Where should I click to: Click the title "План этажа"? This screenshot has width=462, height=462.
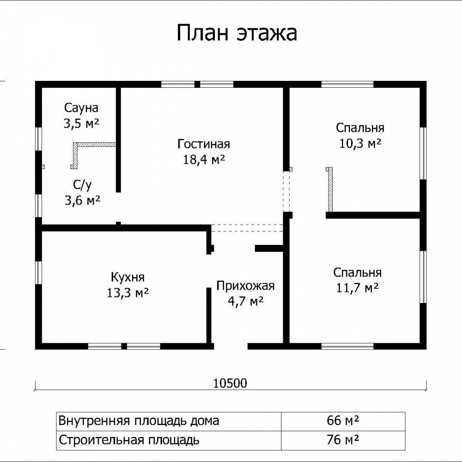[x=237, y=33]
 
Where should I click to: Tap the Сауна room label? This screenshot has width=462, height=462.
[x=81, y=108]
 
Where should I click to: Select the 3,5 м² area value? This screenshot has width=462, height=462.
[x=81, y=123]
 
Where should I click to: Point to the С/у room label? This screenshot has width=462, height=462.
[x=82, y=185]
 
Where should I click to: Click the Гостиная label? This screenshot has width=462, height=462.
[x=204, y=144]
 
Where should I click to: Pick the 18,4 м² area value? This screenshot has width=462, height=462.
[x=204, y=159]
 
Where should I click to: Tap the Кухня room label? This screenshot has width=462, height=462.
[x=128, y=277]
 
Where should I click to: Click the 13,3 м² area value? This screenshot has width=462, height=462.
[x=128, y=293]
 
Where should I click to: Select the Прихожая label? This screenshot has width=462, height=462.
[x=245, y=286]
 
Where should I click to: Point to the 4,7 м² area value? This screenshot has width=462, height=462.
[x=246, y=301]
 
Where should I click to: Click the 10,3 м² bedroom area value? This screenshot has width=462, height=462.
[x=360, y=144]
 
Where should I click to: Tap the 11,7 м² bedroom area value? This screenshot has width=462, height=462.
[x=358, y=287]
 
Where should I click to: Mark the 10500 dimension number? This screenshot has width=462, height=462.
[x=230, y=383]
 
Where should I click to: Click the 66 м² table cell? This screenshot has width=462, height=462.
[x=343, y=420]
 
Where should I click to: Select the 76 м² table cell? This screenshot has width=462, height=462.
[x=343, y=440]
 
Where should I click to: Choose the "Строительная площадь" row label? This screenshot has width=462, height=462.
[x=129, y=440]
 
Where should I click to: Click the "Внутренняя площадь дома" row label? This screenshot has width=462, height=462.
[x=139, y=421]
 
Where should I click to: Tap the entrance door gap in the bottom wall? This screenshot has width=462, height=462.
[x=231, y=346]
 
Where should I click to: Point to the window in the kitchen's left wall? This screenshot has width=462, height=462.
[x=39, y=273]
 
